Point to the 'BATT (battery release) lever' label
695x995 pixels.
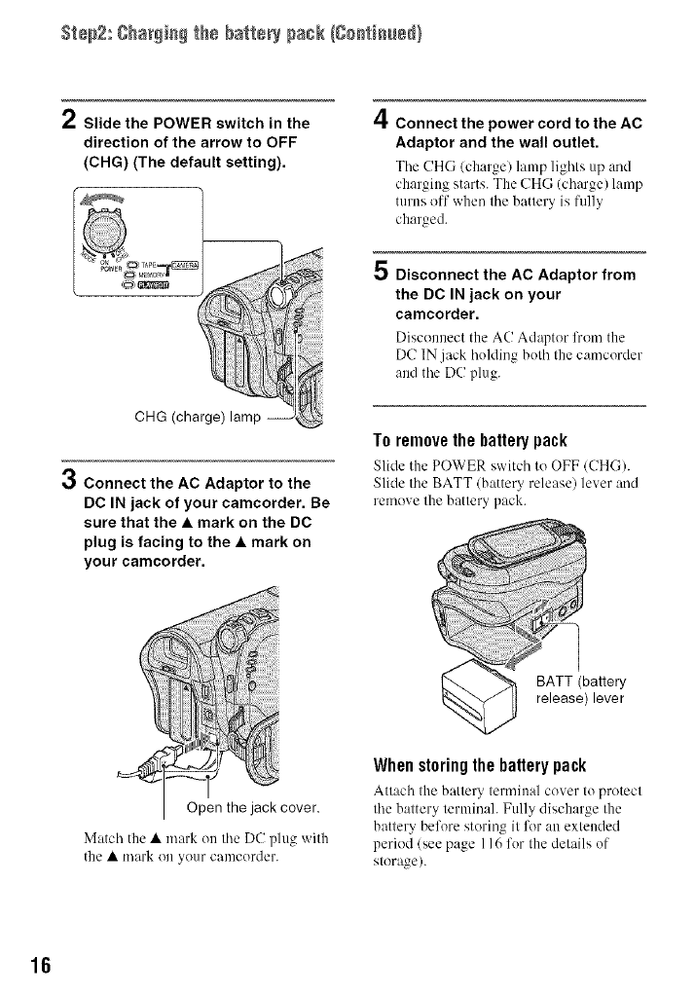pos(582,689)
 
